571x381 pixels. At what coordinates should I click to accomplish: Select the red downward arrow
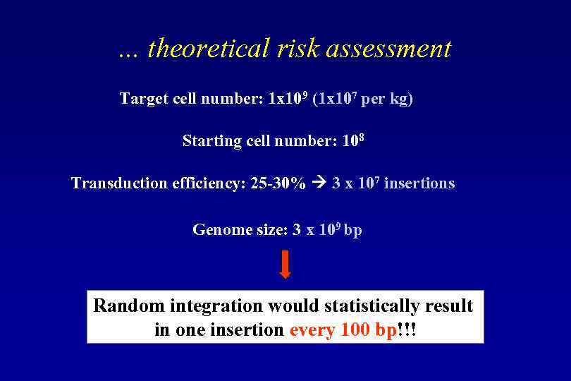(x=285, y=263)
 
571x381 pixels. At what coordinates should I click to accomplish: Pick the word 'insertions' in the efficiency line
(x=419, y=183)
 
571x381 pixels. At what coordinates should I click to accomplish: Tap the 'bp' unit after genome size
(x=353, y=231)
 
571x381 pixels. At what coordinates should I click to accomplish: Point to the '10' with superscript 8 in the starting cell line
(x=352, y=140)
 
